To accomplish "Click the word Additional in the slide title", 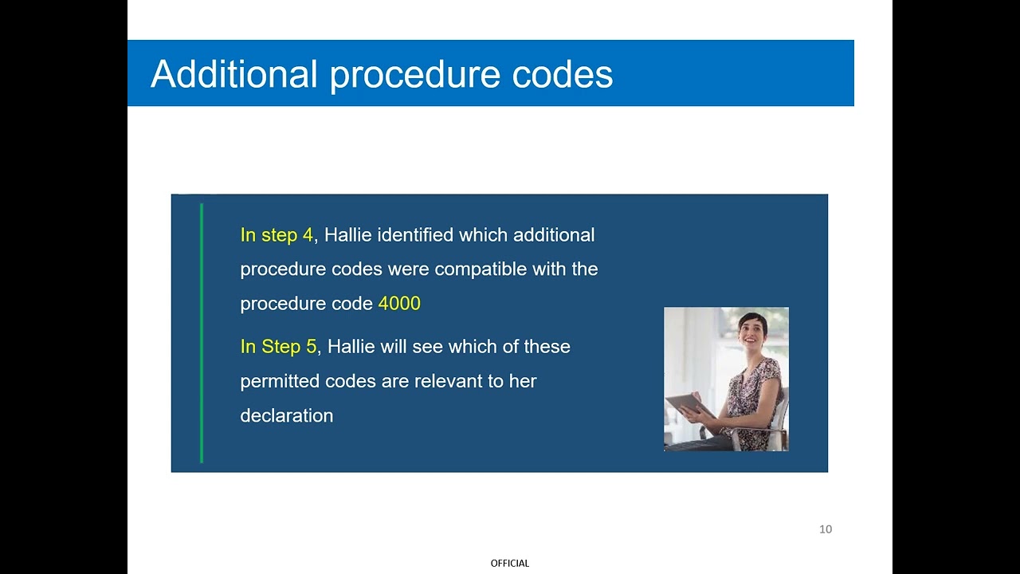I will [x=234, y=74].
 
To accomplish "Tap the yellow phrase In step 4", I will [x=277, y=235].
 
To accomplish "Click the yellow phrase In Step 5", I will [x=278, y=347].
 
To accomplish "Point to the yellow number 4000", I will [x=399, y=304].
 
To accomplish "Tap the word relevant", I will [x=448, y=381].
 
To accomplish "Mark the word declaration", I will [x=286, y=415].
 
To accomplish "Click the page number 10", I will [x=826, y=529].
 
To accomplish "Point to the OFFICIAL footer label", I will [x=510, y=564].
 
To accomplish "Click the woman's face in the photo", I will [x=752, y=328].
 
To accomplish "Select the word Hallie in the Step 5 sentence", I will [x=351, y=347].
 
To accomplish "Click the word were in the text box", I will [x=410, y=269].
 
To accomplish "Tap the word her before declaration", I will [x=524, y=381].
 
